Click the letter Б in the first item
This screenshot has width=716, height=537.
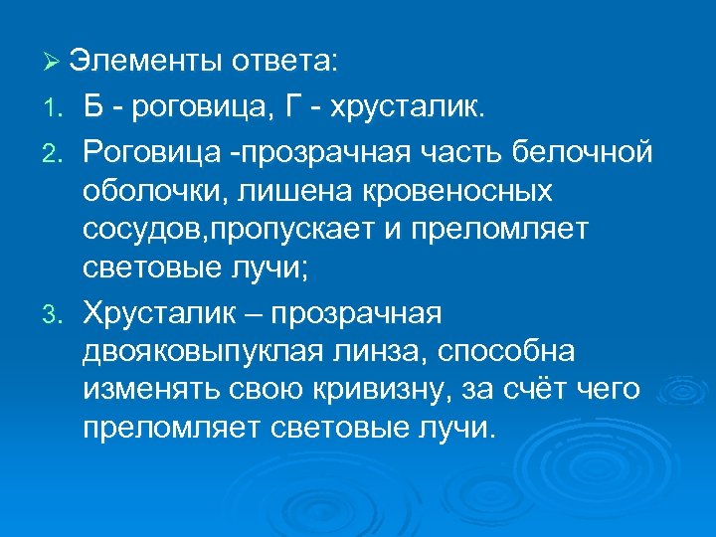coord(93,106)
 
